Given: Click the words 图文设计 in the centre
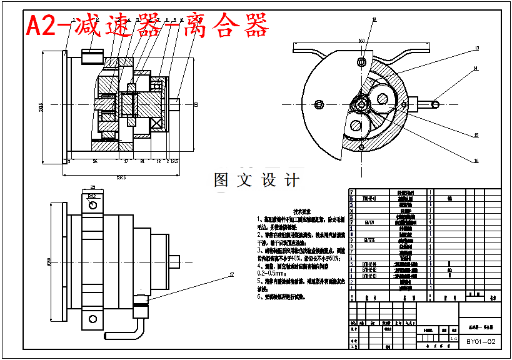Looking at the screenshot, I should tap(256, 180).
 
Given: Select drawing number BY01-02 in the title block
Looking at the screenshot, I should tap(481, 342).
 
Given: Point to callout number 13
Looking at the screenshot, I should tap(476, 48).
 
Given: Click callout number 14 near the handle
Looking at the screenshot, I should tap(476, 68).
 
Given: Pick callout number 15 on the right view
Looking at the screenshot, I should tap(476, 134).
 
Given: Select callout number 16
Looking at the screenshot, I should tap(476, 161).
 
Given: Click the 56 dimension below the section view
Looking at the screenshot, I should tap(94, 161).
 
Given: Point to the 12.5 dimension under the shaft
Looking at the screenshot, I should tap(174, 161).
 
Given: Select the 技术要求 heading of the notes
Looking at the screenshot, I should tap(303, 211).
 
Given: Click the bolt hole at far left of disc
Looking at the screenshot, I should tap(319, 104).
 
